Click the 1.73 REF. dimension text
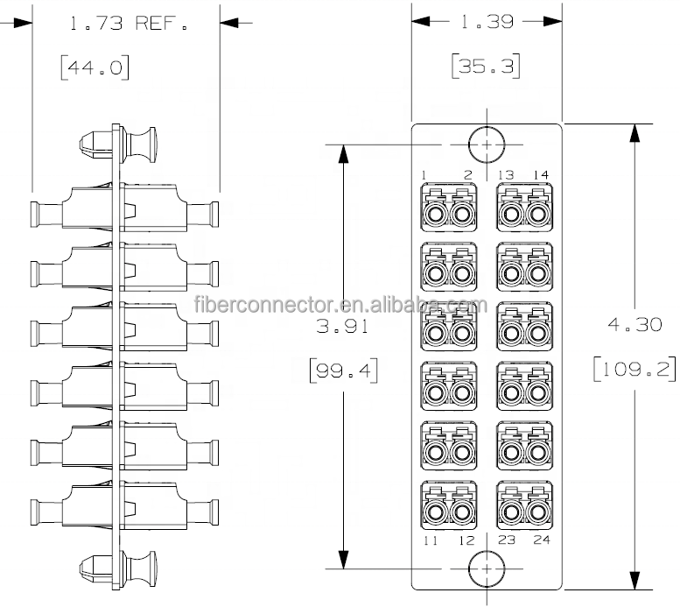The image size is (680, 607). pyautogui.click(x=129, y=23)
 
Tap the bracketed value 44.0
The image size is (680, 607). pyautogui.click(x=95, y=67)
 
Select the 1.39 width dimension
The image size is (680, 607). pyautogui.click(x=487, y=21)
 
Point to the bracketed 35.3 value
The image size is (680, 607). pyautogui.click(x=486, y=66)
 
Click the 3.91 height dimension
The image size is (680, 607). pyautogui.click(x=342, y=326)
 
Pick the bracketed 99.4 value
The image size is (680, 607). pyautogui.click(x=343, y=371)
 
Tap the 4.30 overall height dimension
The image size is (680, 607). pyautogui.click(x=634, y=324)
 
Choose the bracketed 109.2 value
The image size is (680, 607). pyautogui.click(x=634, y=369)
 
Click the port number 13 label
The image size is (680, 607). pyautogui.click(x=506, y=175)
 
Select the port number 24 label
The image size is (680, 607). pyautogui.click(x=542, y=540)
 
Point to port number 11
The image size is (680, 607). pyautogui.click(x=431, y=540)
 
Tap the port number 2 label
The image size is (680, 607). pyautogui.click(x=468, y=175)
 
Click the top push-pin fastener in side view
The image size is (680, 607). pyautogui.click(x=117, y=144)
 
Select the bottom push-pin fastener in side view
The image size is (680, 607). pyautogui.click(x=117, y=569)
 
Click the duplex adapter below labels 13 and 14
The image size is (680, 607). pyautogui.click(x=525, y=207)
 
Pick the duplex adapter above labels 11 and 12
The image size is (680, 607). pyautogui.click(x=449, y=505)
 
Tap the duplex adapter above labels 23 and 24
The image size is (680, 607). pyautogui.click(x=525, y=505)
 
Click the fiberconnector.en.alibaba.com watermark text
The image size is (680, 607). pyautogui.click(x=340, y=304)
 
